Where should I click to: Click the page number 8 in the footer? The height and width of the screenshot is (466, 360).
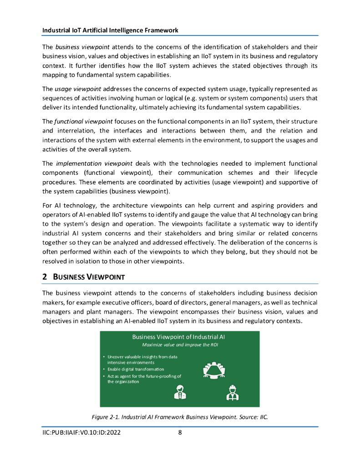point(180,433)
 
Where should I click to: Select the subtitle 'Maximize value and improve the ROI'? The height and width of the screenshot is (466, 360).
point(179,345)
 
